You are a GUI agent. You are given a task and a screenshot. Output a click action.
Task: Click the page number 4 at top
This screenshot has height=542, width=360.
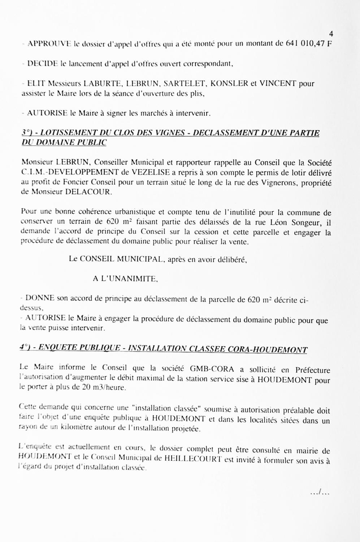[x=331, y=34]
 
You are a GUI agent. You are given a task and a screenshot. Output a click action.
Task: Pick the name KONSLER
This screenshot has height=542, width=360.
[x=229, y=84]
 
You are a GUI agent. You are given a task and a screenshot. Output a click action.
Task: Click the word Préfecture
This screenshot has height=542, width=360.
[x=313, y=370]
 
